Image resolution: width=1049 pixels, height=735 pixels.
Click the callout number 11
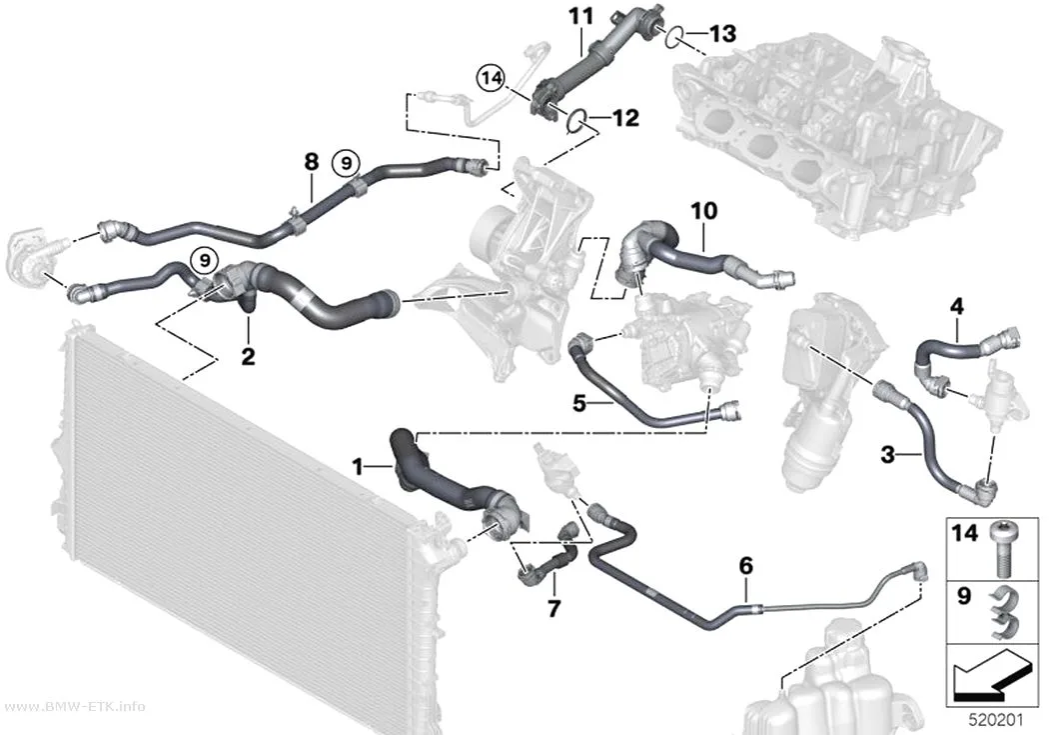tap(581, 16)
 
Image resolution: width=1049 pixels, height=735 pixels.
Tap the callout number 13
tap(722, 33)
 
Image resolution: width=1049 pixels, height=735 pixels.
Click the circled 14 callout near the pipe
tap(492, 78)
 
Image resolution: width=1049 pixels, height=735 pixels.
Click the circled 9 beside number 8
tap(346, 162)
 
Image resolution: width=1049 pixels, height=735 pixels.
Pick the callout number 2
tap(248, 356)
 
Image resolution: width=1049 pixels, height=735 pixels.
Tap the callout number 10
tap(703, 211)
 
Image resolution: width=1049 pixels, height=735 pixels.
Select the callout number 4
tap(957, 307)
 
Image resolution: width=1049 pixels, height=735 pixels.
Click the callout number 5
tap(579, 403)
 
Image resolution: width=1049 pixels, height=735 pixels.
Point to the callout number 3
tap(887, 455)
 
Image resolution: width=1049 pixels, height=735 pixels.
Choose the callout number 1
tap(358, 466)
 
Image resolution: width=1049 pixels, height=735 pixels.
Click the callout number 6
tap(746, 566)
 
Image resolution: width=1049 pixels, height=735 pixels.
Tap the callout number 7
tap(553, 608)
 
